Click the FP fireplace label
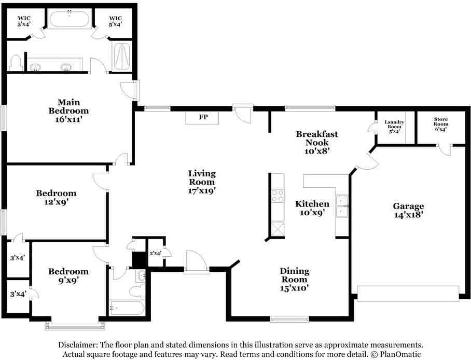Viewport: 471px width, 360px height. (203, 117)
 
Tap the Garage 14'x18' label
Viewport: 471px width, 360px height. (409, 211)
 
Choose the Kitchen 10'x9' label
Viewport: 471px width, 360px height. (312, 208)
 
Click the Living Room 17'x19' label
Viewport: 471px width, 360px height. (202, 182)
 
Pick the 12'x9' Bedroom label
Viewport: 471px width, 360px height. (56, 197)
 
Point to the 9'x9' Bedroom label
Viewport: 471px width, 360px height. (68, 275)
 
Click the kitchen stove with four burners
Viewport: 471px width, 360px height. (278, 196)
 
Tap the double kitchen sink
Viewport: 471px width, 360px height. (342, 206)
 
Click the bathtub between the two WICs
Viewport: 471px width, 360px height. (70, 19)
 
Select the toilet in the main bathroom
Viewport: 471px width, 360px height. (16, 63)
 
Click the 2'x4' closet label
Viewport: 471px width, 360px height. (156, 253)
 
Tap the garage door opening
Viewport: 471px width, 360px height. (408, 294)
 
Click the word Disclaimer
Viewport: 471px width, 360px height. (77, 344)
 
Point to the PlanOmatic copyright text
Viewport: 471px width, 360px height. (396, 354)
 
